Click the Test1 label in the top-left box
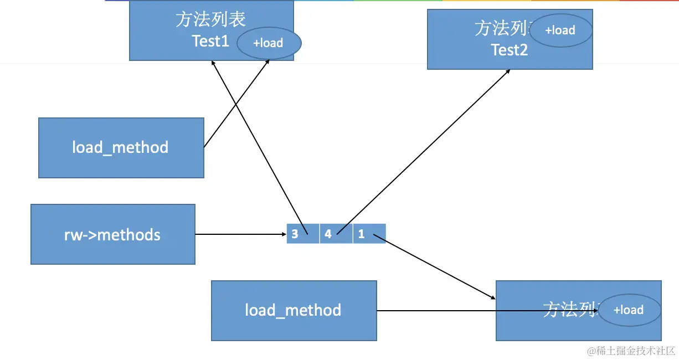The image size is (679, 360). pos(210,41)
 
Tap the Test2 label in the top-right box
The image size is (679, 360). pos(510,50)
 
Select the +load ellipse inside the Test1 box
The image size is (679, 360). pos(269,43)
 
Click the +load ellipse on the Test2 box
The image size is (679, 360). pos(560,30)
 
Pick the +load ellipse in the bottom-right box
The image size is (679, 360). pos(629,310)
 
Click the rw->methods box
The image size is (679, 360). pos(112,234)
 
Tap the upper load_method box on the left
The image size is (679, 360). pos(121,147)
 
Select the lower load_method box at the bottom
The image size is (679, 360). pos(294,310)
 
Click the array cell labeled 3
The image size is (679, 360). pos(302,234)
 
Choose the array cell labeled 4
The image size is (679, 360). pos(336,234)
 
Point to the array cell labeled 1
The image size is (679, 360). pos(369,234)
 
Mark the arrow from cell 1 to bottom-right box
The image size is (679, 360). pos(435,268)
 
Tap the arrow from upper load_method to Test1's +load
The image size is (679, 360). pos(237,103)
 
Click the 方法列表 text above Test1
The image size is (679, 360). pos(210,20)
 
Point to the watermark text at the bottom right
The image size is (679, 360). pos(631,351)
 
